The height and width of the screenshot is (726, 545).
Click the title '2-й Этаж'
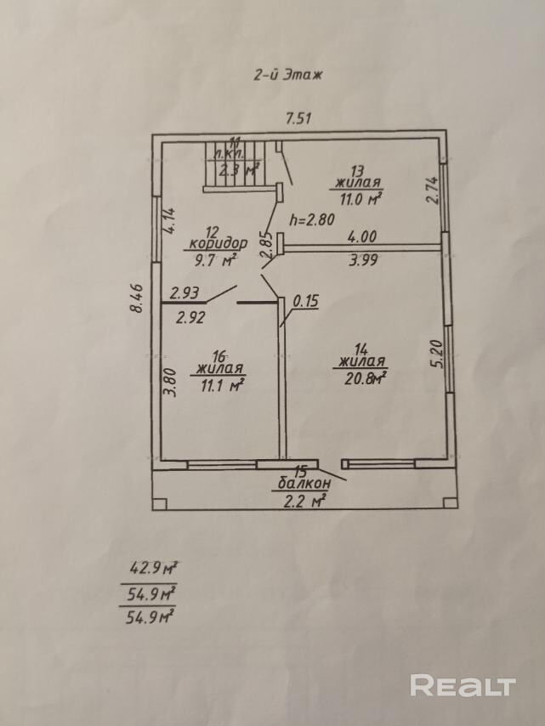pyautogui.click(x=285, y=75)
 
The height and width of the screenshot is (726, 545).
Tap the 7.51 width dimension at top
pyautogui.click(x=298, y=119)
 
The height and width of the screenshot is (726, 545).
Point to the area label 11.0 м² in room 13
pyautogui.click(x=358, y=199)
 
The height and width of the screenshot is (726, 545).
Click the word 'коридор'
pyautogui.click(x=219, y=242)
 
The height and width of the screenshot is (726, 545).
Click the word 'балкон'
pyautogui.click(x=301, y=484)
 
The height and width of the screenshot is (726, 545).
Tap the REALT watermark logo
pyautogui.click(x=463, y=685)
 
